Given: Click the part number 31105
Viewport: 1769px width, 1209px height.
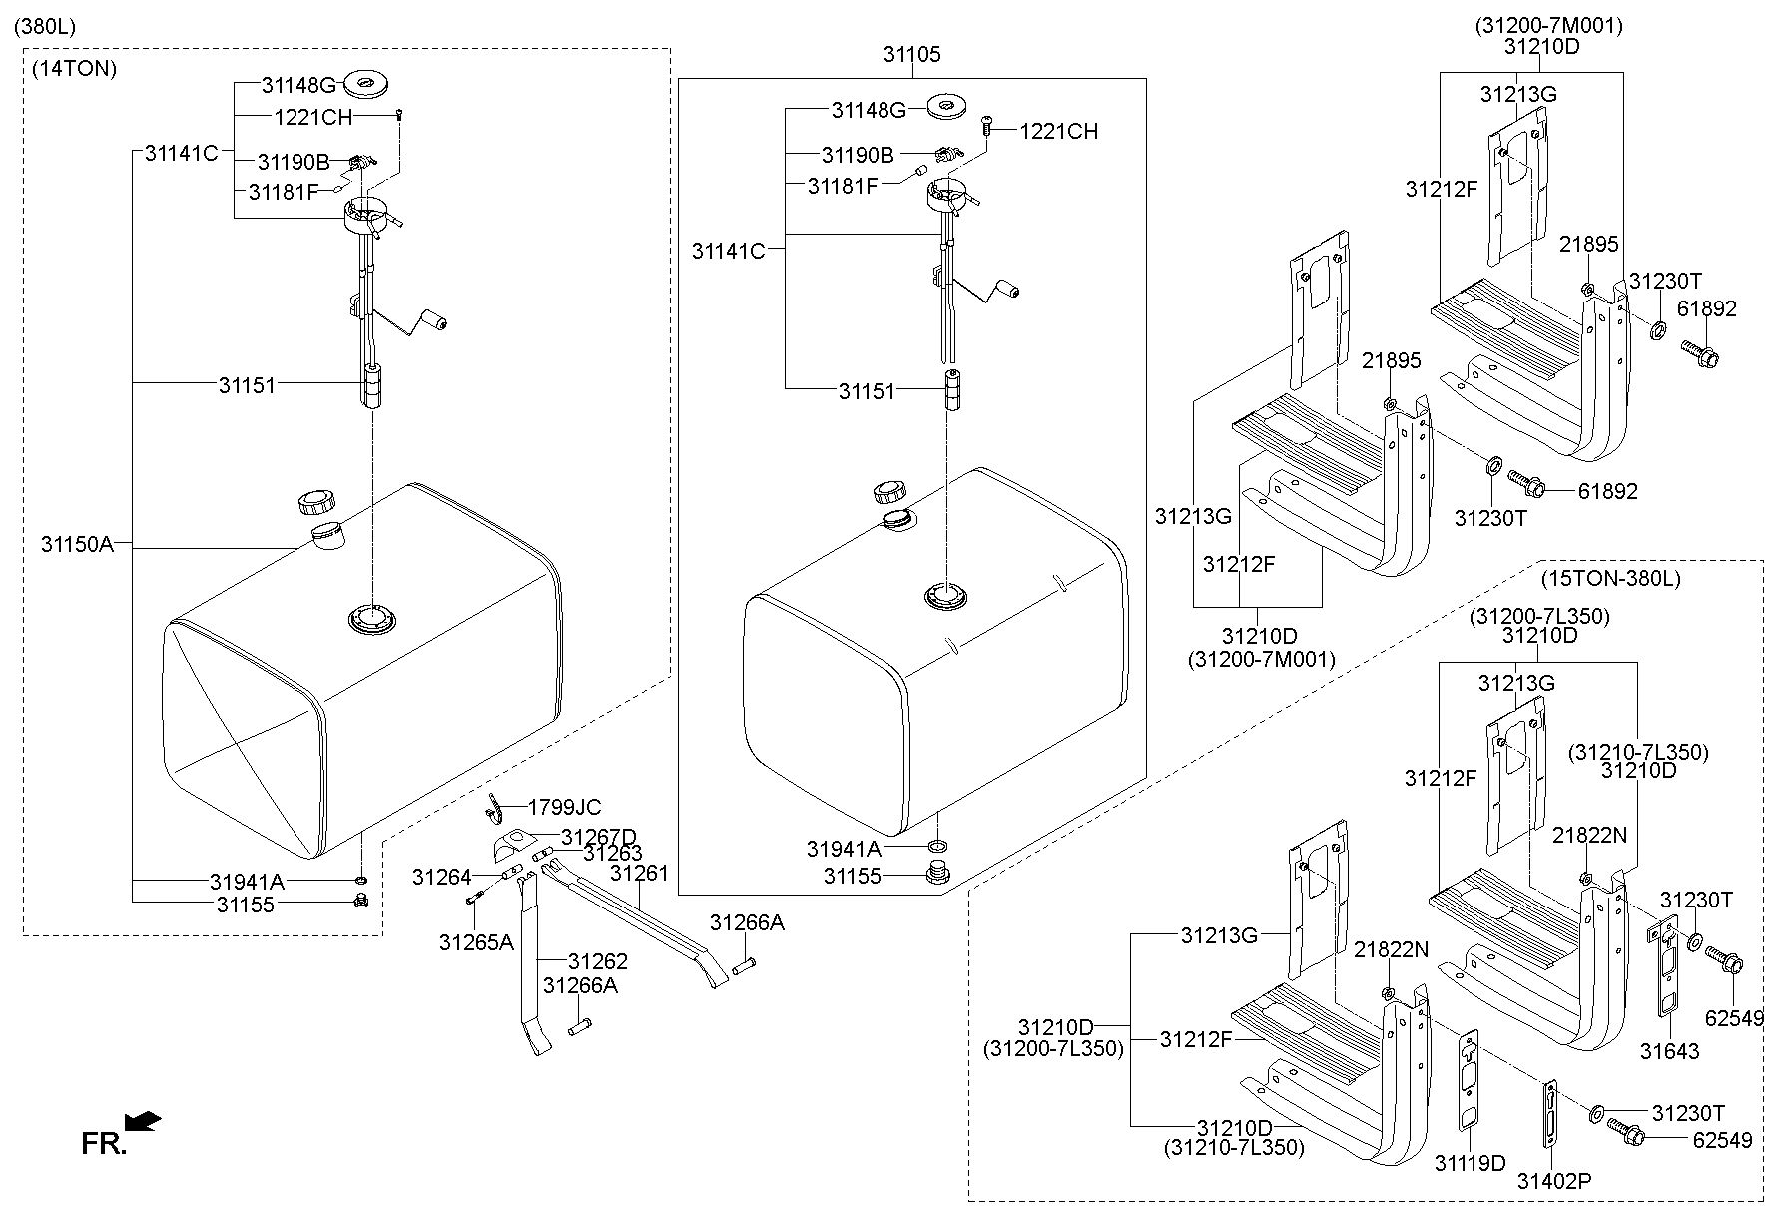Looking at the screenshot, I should pos(911,55).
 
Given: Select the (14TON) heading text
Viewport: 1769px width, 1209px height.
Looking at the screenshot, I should pos(75,69).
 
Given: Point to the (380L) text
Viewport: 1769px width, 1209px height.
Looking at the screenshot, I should pos(45,25).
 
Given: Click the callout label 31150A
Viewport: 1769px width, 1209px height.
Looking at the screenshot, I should pos(77,545).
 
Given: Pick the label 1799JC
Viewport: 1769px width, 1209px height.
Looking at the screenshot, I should pos(564,807).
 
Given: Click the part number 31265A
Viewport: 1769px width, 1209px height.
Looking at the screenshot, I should pos(476,942).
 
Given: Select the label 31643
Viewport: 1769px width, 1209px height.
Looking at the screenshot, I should pos(1669,1051).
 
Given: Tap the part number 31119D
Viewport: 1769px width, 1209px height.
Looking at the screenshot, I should pos(1470,1163).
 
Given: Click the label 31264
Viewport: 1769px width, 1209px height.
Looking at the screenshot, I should pos(441,878).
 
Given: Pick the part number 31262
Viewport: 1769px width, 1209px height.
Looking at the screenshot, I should pos(597,961).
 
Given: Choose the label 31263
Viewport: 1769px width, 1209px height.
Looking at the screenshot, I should pos(613,853).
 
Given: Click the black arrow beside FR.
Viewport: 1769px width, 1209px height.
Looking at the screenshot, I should pos(145,1122).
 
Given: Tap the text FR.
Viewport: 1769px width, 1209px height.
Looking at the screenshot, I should pos(103,1144).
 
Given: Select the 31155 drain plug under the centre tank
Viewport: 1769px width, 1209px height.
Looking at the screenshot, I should pos(938,877).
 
